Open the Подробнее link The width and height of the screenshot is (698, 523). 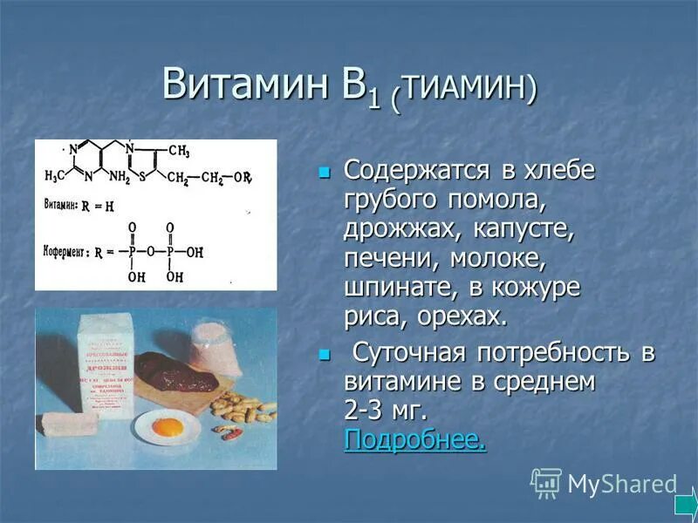click(414, 439)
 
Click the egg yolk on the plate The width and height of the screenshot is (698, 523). click(167, 427)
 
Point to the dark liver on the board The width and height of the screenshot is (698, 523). click(174, 370)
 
